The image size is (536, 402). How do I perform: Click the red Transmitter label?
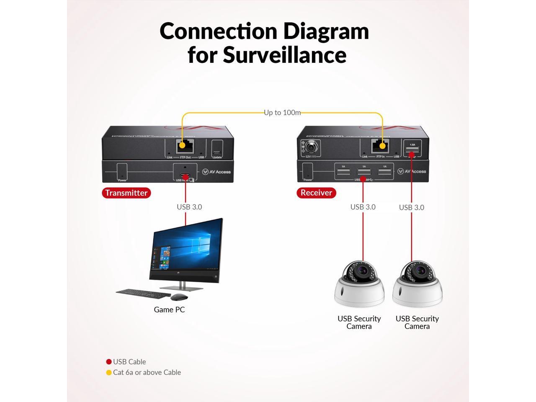[126, 193]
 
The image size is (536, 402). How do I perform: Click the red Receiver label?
[316, 193]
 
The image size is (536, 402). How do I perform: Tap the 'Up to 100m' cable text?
[282, 113]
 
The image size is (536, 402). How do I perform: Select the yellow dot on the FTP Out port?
[182, 146]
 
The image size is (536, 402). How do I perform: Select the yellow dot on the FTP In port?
[382, 146]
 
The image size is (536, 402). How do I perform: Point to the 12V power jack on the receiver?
[310, 147]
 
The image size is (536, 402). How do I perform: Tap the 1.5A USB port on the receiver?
[412, 149]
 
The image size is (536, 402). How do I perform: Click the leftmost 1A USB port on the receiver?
[343, 171]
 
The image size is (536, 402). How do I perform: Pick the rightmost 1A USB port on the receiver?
[384, 171]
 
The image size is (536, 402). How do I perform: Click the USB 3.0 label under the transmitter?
[189, 207]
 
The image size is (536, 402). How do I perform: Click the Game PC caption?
[169, 310]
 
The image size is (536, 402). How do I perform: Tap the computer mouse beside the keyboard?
[179, 297]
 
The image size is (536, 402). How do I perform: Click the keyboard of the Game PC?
[142, 293]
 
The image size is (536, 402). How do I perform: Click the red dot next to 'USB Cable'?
[109, 362]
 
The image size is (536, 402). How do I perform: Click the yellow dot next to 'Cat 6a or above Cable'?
[109, 372]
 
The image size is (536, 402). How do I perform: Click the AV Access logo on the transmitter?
[216, 172]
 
